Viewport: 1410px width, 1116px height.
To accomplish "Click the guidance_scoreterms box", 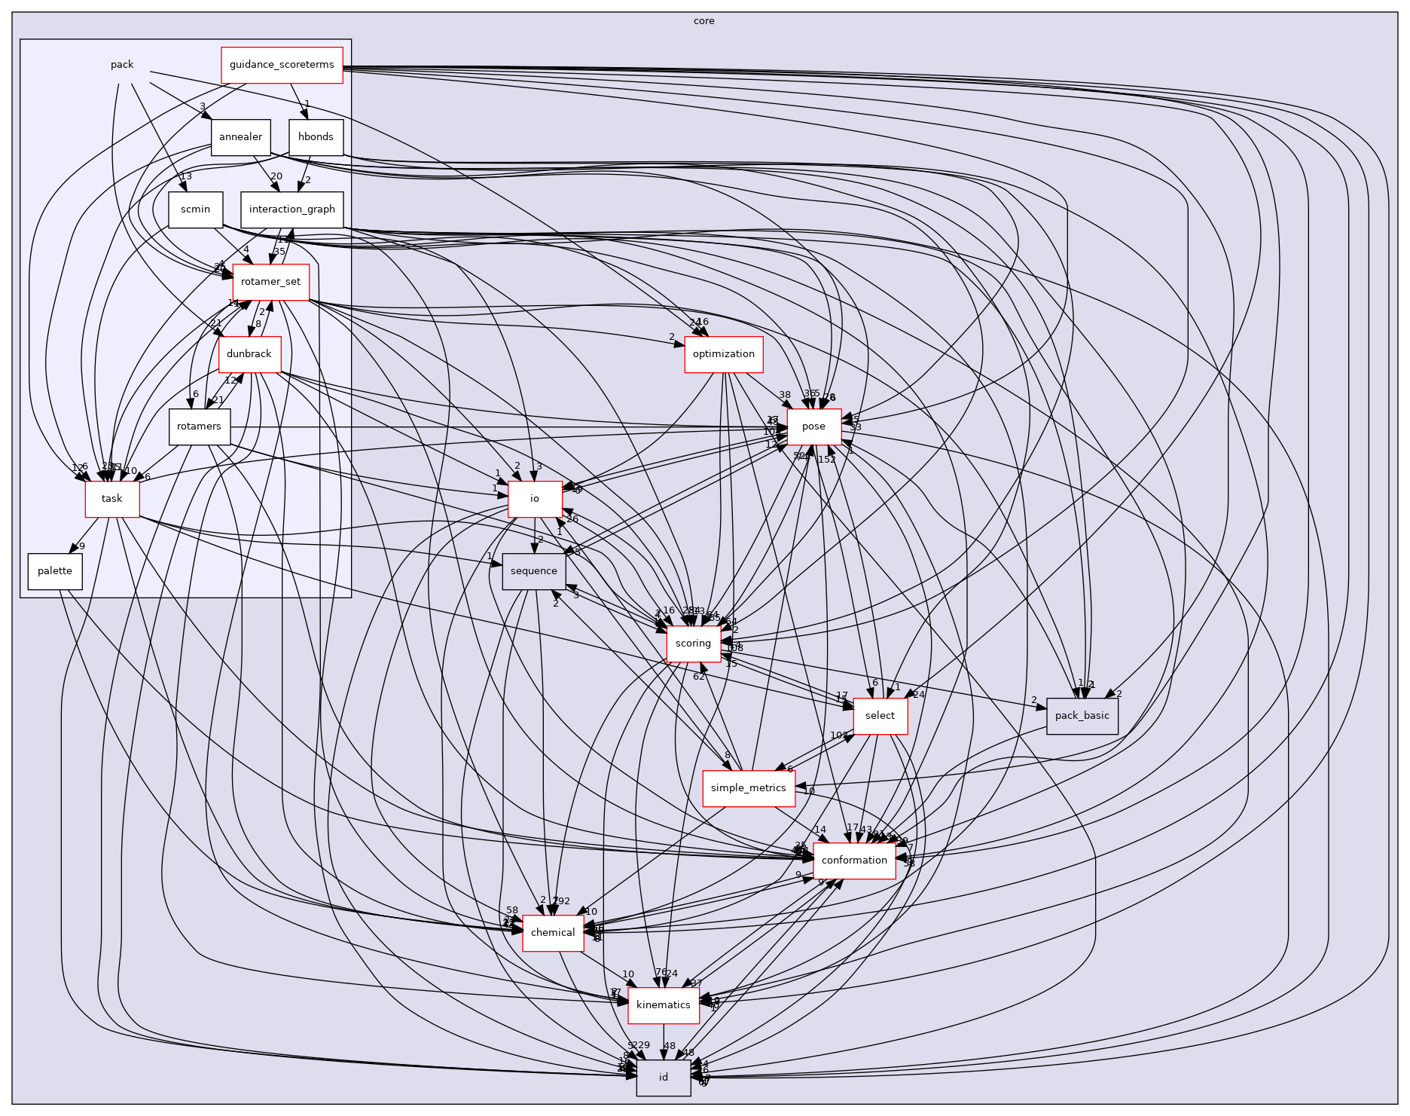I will pyautogui.click(x=282, y=65).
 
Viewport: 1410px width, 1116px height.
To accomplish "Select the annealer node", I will pyautogui.click(x=240, y=137).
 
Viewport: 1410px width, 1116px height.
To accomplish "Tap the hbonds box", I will pyautogui.click(x=316, y=137).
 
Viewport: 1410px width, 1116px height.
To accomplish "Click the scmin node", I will pyautogui.click(x=195, y=209).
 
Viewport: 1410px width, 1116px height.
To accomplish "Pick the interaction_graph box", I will pyautogui.click(x=291, y=209).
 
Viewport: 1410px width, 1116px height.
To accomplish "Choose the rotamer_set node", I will pyautogui.click(x=270, y=282).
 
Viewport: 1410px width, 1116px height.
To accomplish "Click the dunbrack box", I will pyautogui.click(x=249, y=354).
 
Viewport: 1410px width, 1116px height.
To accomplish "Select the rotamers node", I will pyautogui.click(x=199, y=427).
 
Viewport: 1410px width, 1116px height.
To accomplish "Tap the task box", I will pyautogui.click(x=111, y=499).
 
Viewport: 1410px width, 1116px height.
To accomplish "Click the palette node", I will pyautogui.click(x=55, y=571).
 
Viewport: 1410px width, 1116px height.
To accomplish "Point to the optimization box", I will pyautogui.click(x=723, y=354).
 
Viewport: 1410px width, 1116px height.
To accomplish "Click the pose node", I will pyautogui.click(x=813, y=427).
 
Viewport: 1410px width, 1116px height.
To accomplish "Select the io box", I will pyautogui.click(x=534, y=499).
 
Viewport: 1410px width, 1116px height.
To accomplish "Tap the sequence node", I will pyautogui.click(x=533, y=571).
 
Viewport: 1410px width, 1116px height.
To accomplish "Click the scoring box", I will pyautogui.click(x=693, y=644).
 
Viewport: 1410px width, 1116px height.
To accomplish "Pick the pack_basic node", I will pyautogui.click(x=1082, y=716).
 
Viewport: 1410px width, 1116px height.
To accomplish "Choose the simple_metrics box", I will pyautogui.click(x=748, y=788).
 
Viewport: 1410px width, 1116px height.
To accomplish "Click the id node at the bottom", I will pyautogui.click(x=663, y=1078).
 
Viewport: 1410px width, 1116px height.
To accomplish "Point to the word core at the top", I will pyautogui.click(x=703, y=21).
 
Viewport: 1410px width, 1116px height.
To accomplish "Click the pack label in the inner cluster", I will pyautogui.click(x=122, y=65).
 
